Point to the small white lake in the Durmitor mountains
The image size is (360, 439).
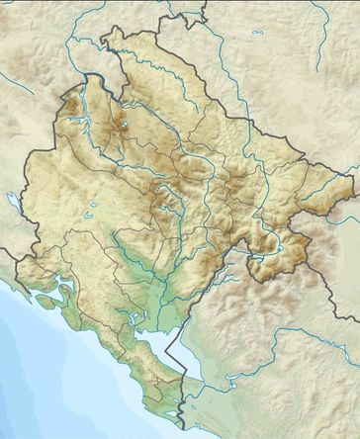[125, 126]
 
